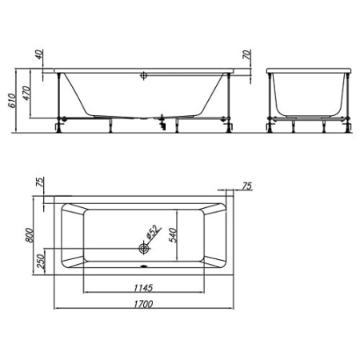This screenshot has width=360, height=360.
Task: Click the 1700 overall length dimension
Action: coord(145,304)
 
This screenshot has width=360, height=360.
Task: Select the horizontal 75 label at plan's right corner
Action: coord(246,186)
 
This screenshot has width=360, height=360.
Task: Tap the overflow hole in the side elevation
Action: coord(143,78)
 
